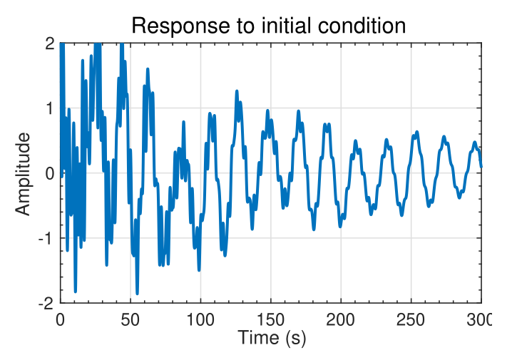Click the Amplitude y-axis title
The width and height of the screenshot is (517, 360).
point(24,173)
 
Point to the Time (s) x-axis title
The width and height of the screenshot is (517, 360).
point(272,337)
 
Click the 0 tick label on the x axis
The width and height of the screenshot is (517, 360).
point(61,319)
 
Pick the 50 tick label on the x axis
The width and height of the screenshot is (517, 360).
point(130,319)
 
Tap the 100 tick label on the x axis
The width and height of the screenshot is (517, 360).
point(200,319)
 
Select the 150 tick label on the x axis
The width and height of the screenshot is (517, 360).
point(271,319)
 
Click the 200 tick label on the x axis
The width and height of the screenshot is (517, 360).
point(341,319)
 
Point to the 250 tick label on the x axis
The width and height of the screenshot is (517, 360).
point(411,319)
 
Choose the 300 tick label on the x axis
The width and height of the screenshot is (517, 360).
point(478,319)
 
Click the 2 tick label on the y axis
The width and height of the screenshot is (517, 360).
point(49,43)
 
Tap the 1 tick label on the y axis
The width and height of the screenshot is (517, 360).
point(49,108)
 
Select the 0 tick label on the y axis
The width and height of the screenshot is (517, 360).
point(49,173)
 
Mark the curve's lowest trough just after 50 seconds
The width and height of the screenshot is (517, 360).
point(137,293)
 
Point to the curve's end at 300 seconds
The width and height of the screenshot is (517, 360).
point(481,166)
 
